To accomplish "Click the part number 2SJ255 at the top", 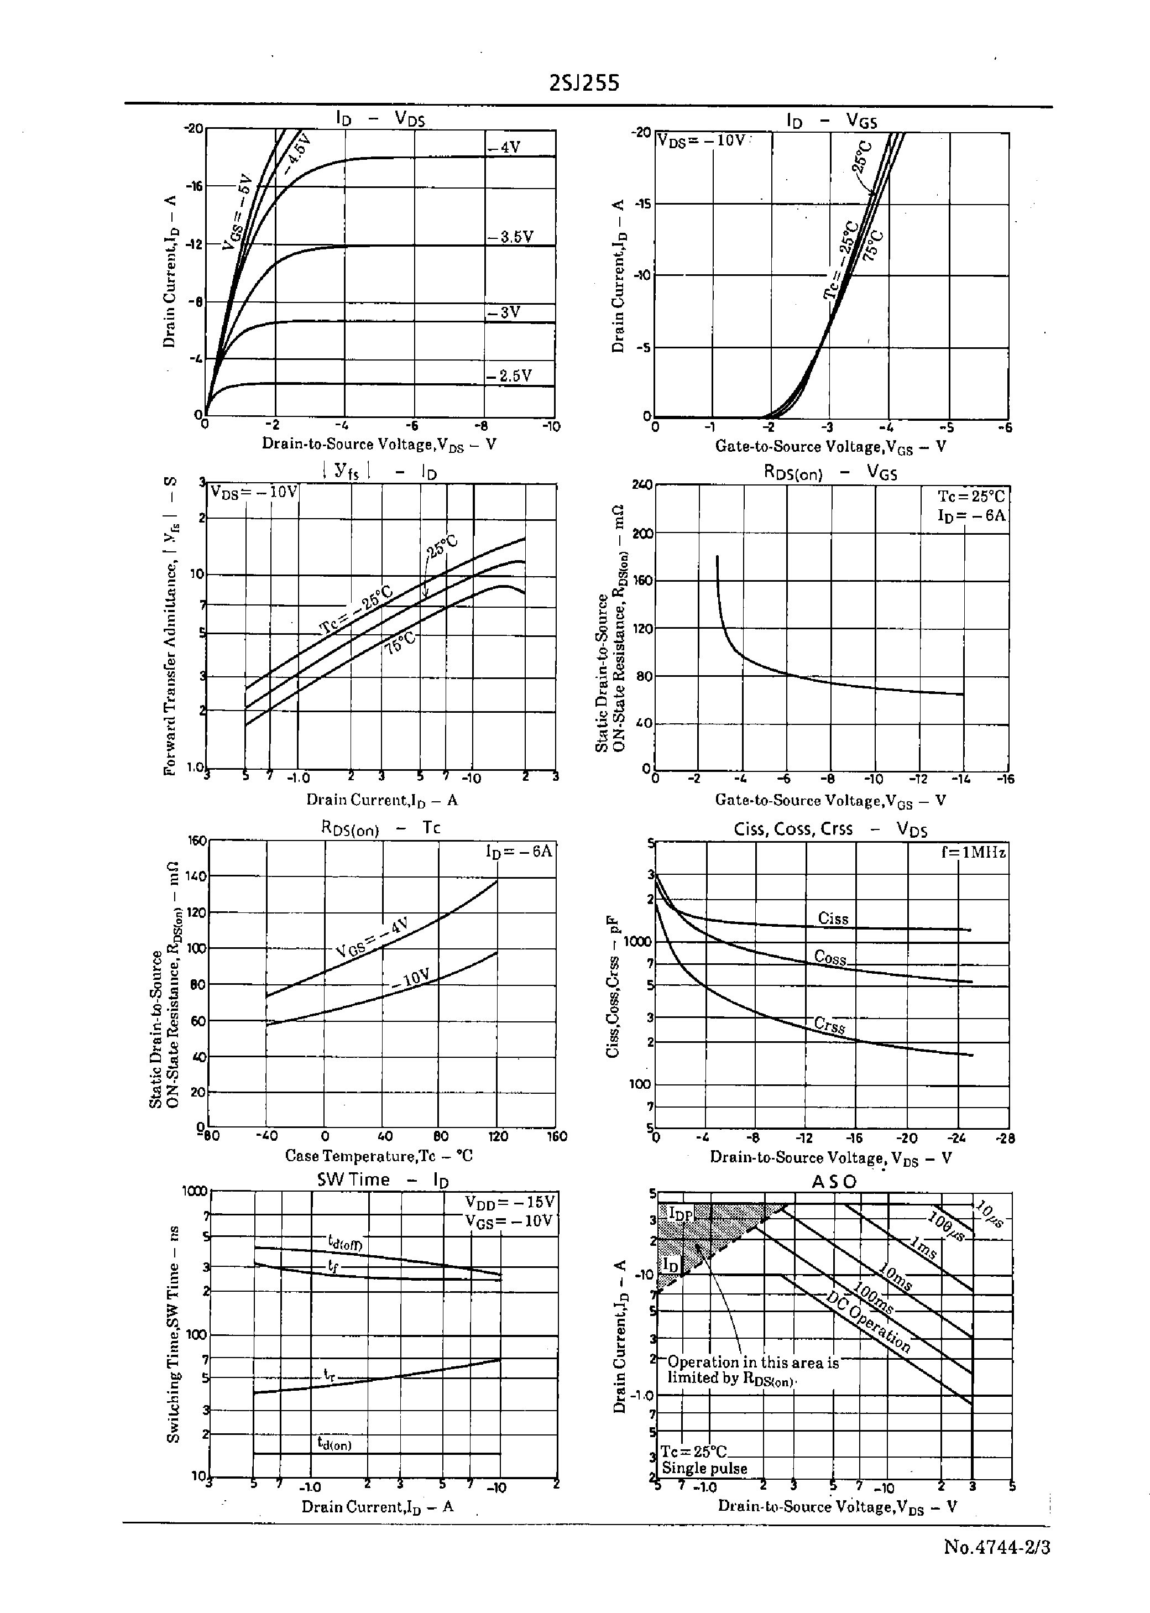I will [584, 84].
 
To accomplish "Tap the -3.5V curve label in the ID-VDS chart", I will [510, 237].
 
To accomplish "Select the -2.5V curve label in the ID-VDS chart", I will [509, 376].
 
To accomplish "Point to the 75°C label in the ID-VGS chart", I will [875, 245].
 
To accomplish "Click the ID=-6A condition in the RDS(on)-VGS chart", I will [971, 515].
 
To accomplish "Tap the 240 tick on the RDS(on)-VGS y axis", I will [642, 485].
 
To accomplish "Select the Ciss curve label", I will [833, 918].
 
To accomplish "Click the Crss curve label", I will [830, 1025].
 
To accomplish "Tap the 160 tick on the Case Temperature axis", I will [557, 1136].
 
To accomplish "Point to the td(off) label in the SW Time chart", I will [346, 1242].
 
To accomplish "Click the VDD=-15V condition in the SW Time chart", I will [510, 1202].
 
